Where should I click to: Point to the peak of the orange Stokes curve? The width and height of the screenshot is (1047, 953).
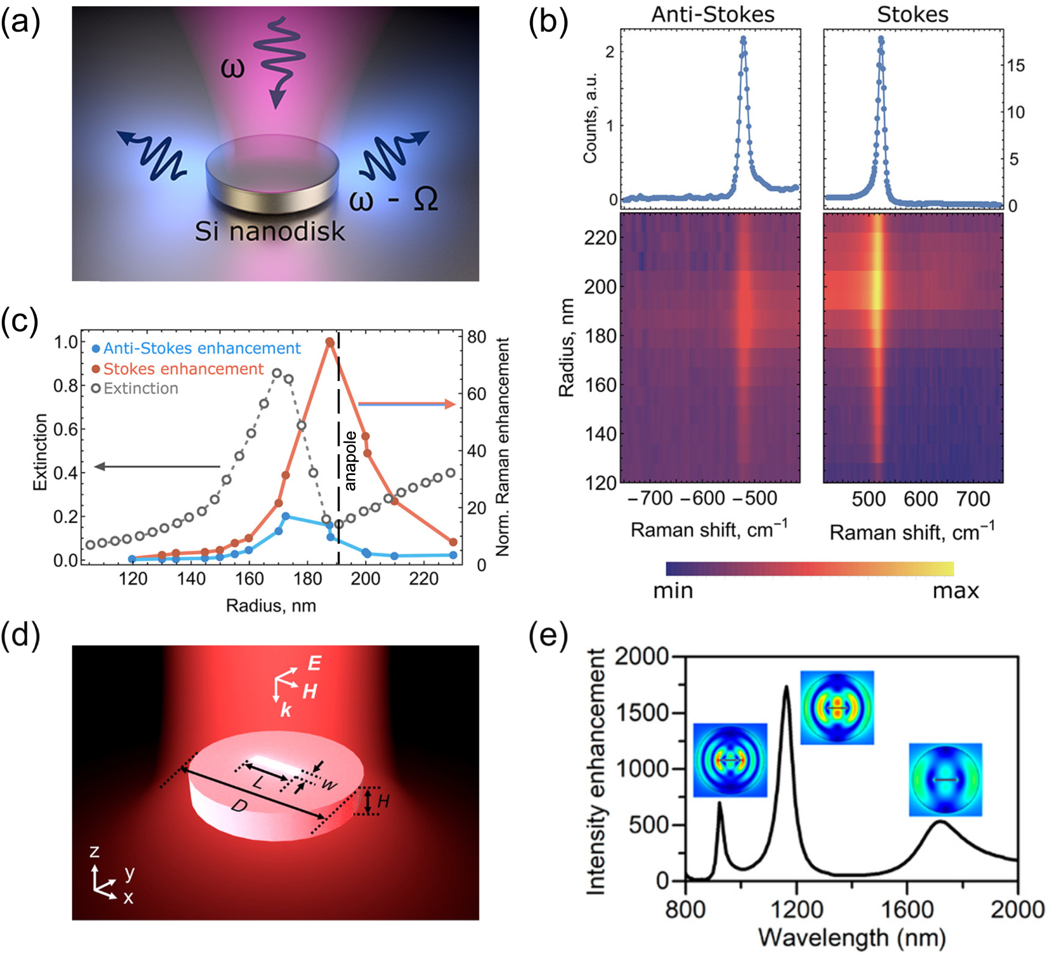(330, 342)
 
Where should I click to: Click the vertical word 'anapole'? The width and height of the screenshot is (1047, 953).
(350, 461)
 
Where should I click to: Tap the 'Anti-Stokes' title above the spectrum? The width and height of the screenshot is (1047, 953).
(712, 14)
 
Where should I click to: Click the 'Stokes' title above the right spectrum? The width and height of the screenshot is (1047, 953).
(913, 14)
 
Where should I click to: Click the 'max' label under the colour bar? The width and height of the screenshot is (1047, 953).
(956, 591)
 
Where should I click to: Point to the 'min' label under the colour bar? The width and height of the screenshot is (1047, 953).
(673, 591)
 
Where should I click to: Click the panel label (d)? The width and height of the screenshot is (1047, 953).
(20, 634)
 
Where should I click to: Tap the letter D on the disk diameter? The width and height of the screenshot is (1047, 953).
(239, 806)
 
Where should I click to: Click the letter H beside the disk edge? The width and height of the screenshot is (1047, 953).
(384, 801)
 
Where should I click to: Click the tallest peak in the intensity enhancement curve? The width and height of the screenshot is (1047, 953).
(786, 687)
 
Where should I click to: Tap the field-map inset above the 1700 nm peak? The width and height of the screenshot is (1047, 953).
(945, 780)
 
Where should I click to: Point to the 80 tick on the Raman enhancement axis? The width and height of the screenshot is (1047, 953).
(476, 337)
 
